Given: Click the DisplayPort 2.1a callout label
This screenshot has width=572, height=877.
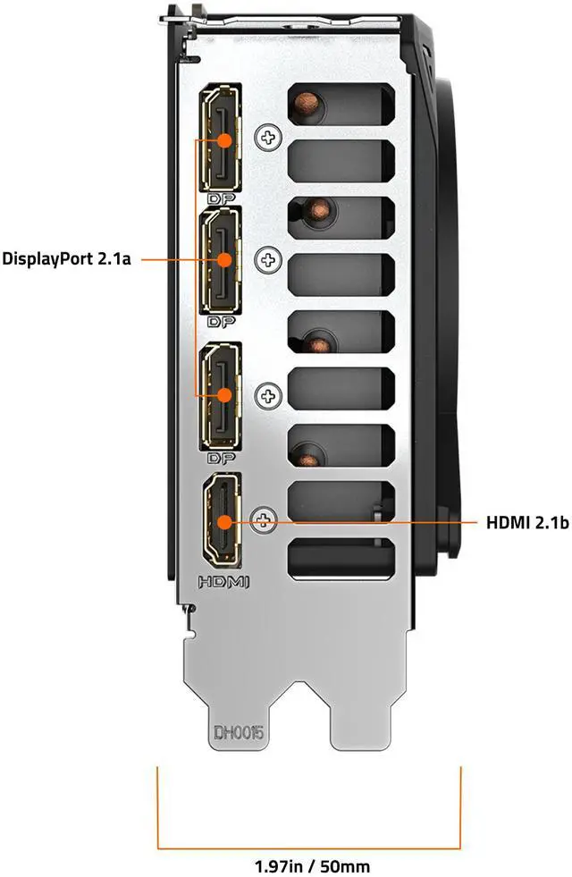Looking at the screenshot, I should pos(68,259).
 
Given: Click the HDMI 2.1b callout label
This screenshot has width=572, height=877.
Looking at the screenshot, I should pos(527,522).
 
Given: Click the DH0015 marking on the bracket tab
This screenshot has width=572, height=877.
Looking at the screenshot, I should pos(238,733).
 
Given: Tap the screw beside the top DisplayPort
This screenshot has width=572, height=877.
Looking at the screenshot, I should pos(267,137).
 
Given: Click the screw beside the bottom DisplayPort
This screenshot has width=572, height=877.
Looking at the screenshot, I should pos(267,395).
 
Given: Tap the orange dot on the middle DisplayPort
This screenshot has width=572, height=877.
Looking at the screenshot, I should pos(223,259).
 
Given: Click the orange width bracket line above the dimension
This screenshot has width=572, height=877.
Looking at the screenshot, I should pos(309,847).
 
